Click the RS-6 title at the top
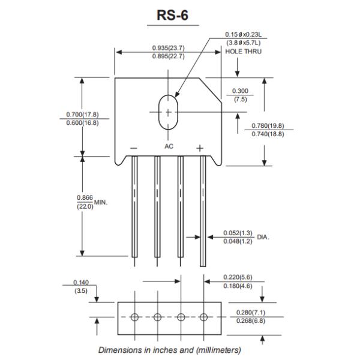click(x=173, y=15)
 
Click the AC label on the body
click(x=169, y=146)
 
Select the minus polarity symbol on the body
click(x=134, y=148)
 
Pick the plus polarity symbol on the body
click(x=200, y=148)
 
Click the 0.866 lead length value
click(x=85, y=197)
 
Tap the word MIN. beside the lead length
click(x=100, y=202)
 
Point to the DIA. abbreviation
click(x=263, y=237)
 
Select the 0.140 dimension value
click(x=80, y=283)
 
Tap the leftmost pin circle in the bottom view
click(x=134, y=317)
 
